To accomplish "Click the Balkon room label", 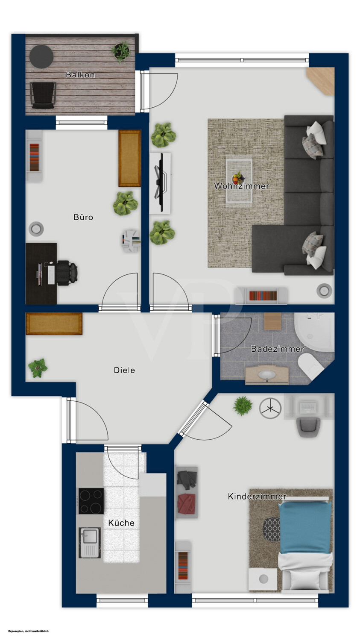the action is click(x=80, y=75).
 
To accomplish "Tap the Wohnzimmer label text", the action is click(x=242, y=186).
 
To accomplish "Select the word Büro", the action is click(x=83, y=217).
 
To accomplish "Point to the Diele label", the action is click(x=124, y=370).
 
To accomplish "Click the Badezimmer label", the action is click(x=277, y=349).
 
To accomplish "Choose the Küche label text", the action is click(x=121, y=523).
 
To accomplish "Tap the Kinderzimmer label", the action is click(x=257, y=496).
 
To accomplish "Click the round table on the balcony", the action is click(x=41, y=57).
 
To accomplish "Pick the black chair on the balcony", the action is click(x=43, y=95).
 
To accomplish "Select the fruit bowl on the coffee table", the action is click(x=238, y=178).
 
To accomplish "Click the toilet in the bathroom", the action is click(x=310, y=367).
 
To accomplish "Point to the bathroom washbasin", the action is click(x=267, y=375).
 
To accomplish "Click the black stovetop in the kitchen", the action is click(x=91, y=501).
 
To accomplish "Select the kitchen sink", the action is click(x=90, y=543).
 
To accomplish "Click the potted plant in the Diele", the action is click(x=38, y=368).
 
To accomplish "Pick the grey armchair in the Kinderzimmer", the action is click(x=308, y=426).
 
